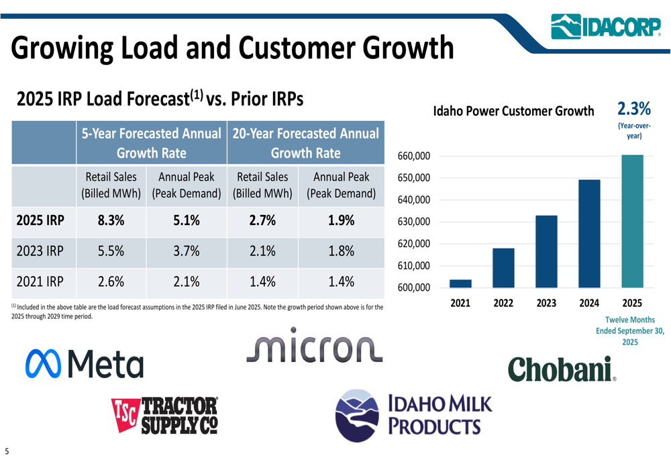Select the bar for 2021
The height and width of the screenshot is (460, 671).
tap(460, 283)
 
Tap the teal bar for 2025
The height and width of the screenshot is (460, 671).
tap(632, 221)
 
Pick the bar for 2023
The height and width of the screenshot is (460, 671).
tap(546, 251)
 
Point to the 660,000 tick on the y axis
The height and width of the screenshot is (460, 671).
tap(413, 156)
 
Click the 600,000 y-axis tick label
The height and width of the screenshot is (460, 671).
tap(413, 288)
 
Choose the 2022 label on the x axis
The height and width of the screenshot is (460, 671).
tap(503, 304)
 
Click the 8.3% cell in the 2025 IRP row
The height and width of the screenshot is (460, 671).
tap(111, 220)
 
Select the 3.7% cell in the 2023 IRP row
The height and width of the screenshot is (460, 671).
tap(185, 252)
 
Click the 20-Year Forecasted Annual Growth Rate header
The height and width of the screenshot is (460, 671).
tap(305, 143)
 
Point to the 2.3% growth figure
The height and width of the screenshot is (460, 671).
tap(633, 108)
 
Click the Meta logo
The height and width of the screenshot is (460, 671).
tap(85, 363)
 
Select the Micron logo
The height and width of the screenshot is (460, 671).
tap(315, 346)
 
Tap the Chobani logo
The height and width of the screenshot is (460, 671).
tap(562, 369)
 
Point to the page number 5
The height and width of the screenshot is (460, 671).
tap(7, 451)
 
